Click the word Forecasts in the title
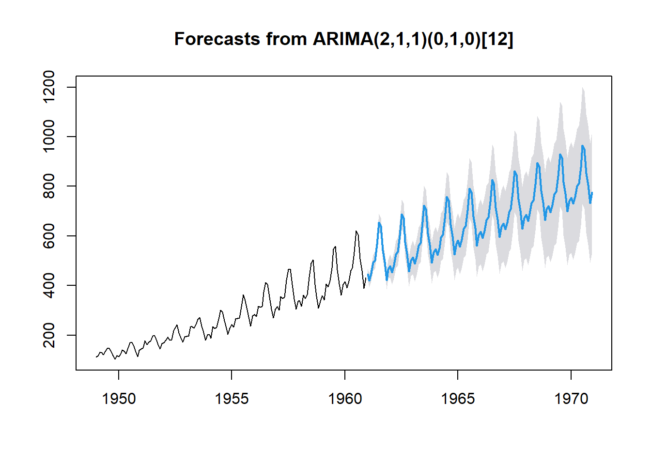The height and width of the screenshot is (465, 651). click(216, 39)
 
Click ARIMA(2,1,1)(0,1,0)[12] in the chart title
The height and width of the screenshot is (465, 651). click(413, 39)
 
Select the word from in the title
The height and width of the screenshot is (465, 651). click(285, 39)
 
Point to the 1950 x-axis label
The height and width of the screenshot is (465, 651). click(119, 399)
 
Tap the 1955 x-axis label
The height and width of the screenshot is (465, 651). click(232, 399)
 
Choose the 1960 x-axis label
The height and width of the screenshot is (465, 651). click(345, 399)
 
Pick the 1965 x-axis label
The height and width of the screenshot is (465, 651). click(458, 399)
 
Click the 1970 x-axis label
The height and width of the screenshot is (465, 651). click(571, 399)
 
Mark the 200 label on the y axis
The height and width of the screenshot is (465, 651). click(49, 335)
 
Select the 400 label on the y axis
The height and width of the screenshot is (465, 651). click(49, 285)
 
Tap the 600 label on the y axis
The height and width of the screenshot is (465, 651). click(49, 236)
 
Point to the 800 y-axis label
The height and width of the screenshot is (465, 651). click(49, 186)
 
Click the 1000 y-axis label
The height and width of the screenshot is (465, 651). click(49, 137)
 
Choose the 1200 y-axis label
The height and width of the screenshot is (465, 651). click(49, 87)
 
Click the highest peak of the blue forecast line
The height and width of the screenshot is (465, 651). click(583, 146)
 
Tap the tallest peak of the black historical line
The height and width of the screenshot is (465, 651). click(356, 231)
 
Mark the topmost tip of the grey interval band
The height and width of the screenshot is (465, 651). click(583, 88)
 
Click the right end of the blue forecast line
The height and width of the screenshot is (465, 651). click(592, 193)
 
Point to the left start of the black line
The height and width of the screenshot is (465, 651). click(96, 357)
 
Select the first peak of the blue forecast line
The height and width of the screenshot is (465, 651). click(379, 223)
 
